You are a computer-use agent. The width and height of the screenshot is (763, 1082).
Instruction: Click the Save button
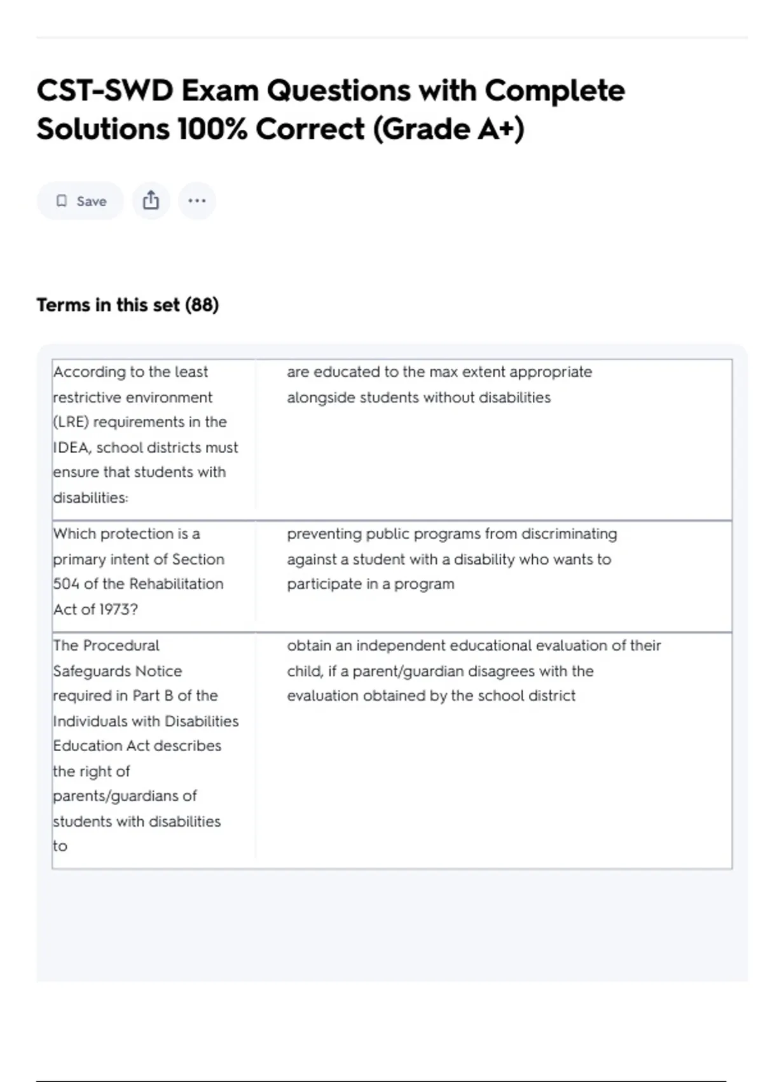click(x=80, y=201)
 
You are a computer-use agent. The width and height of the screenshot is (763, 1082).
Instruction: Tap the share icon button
click(x=151, y=200)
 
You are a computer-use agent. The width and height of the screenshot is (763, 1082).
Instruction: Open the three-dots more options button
click(x=197, y=200)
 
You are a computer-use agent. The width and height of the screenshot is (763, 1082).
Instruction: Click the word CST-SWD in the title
click(x=104, y=91)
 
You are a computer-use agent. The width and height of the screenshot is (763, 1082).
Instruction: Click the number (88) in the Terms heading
click(x=202, y=305)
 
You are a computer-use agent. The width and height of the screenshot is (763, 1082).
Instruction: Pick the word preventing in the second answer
click(x=323, y=533)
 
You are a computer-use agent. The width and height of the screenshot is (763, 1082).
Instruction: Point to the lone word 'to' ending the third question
click(x=60, y=846)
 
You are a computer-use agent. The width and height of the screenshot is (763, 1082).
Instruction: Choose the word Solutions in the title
click(x=102, y=129)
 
